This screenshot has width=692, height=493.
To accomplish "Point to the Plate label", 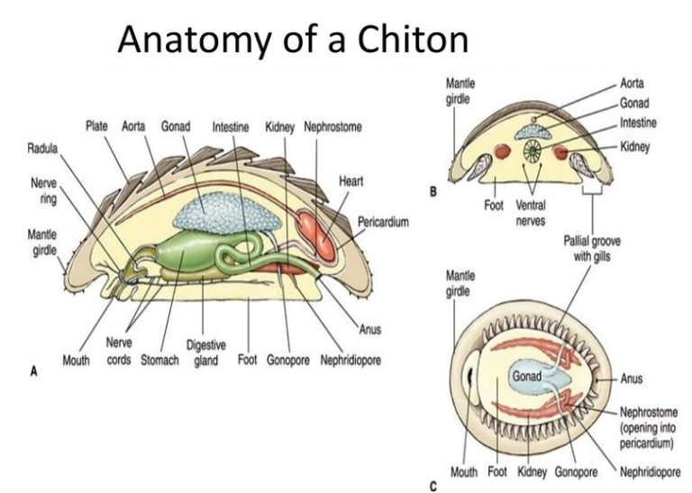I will click(97, 127).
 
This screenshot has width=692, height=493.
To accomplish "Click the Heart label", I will click(351, 181).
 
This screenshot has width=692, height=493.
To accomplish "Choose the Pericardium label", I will click(383, 222).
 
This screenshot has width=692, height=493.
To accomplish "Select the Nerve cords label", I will click(120, 351).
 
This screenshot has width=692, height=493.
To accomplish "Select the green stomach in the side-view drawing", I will click(180, 257).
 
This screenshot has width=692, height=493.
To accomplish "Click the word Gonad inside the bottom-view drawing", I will click(527, 375).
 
